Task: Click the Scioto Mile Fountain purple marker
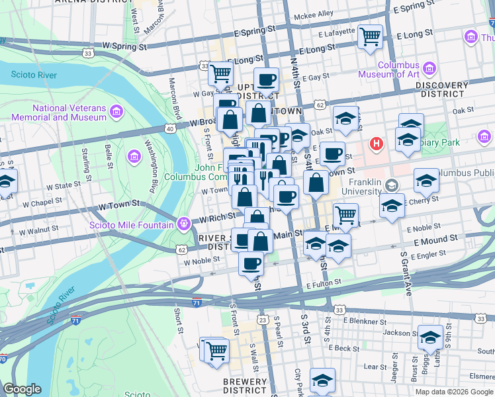coord(184,222)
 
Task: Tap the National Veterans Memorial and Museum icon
coord(117,109)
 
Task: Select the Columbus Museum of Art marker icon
coord(428,68)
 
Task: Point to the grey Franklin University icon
coord(392,185)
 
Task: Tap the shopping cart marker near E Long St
coord(370,36)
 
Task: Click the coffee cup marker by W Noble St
coord(251,263)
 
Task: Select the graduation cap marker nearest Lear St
coord(322,380)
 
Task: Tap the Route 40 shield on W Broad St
coord(171,129)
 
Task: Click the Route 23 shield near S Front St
coord(263,320)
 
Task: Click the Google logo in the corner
coord(22,390)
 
